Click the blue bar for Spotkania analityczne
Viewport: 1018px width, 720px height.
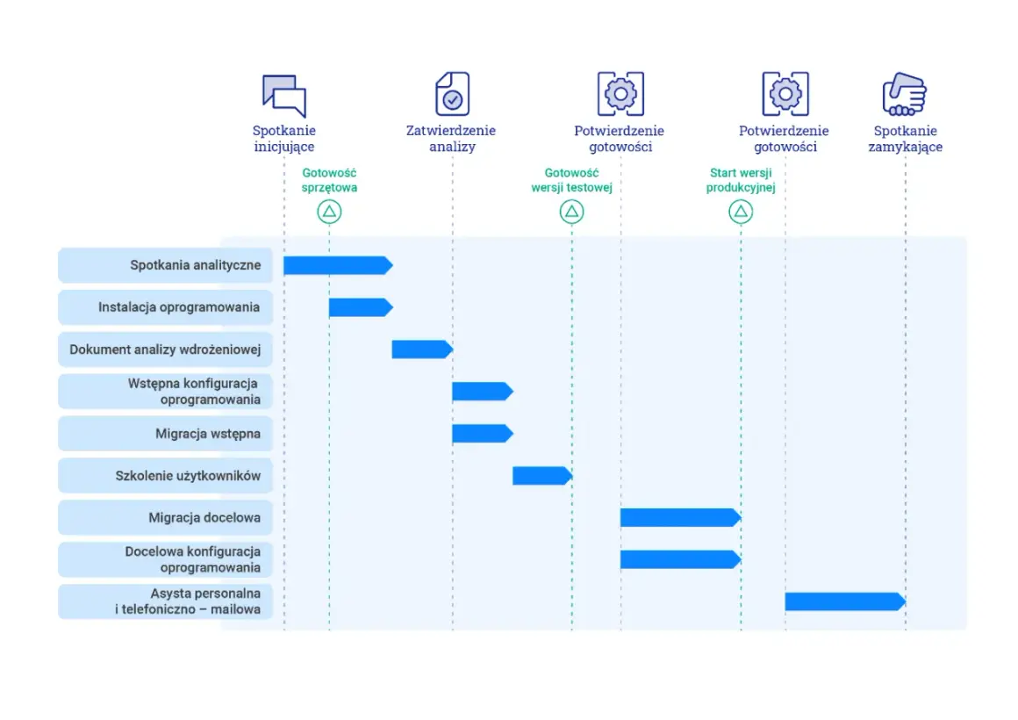click(x=338, y=265)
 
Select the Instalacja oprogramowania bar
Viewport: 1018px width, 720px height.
click(x=361, y=307)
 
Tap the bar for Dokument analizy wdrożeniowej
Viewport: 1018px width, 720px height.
click(x=422, y=349)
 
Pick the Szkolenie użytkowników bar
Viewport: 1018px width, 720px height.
click(x=542, y=476)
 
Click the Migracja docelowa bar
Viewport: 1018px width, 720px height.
click(x=680, y=518)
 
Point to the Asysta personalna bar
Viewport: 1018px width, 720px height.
click(x=845, y=601)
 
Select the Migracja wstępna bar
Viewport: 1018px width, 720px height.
click(x=483, y=434)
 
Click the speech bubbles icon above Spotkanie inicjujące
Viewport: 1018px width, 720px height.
click(x=284, y=96)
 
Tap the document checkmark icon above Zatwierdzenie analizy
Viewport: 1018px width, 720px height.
click(x=453, y=94)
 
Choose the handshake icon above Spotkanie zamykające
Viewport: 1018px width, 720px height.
click(x=905, y=94)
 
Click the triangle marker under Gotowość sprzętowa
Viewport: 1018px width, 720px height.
click(x=329, y=212)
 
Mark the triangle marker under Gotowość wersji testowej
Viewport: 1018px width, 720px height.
click(x=572, y=212)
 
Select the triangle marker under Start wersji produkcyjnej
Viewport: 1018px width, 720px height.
click(x=741, y=212)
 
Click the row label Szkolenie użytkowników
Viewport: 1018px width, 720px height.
click(x=188, y=476)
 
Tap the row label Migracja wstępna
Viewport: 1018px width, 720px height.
click(x=208, y=434)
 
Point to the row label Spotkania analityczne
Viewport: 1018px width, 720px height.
click(x=196, y=265)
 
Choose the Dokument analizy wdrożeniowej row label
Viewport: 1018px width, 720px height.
click(x=165, y=349)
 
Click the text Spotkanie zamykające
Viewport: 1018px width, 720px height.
click(x=905, y=139)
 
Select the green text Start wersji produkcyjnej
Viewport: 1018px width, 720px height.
click(x=741, y=180)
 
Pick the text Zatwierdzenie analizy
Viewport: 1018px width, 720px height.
click(x=451, y=139)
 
